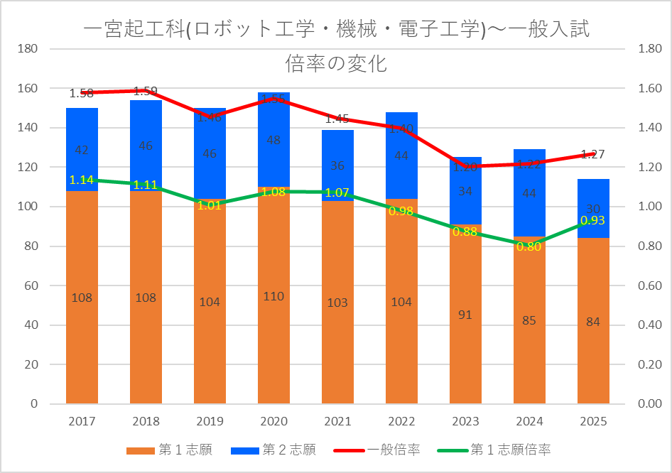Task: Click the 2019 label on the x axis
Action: click(210, 422)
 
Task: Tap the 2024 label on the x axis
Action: click(529, 422)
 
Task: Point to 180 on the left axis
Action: click(28, 49)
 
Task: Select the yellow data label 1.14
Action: click(82, 180)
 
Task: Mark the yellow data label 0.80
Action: click(529, 246)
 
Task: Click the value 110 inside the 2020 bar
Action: click(273, 296)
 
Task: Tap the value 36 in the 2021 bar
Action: click(337, 166)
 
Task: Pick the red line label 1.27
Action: click(592, 154)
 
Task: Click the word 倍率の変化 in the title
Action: click(336, 64)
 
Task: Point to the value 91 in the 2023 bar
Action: click(465, 315)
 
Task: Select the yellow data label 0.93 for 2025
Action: click(593, 221)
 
